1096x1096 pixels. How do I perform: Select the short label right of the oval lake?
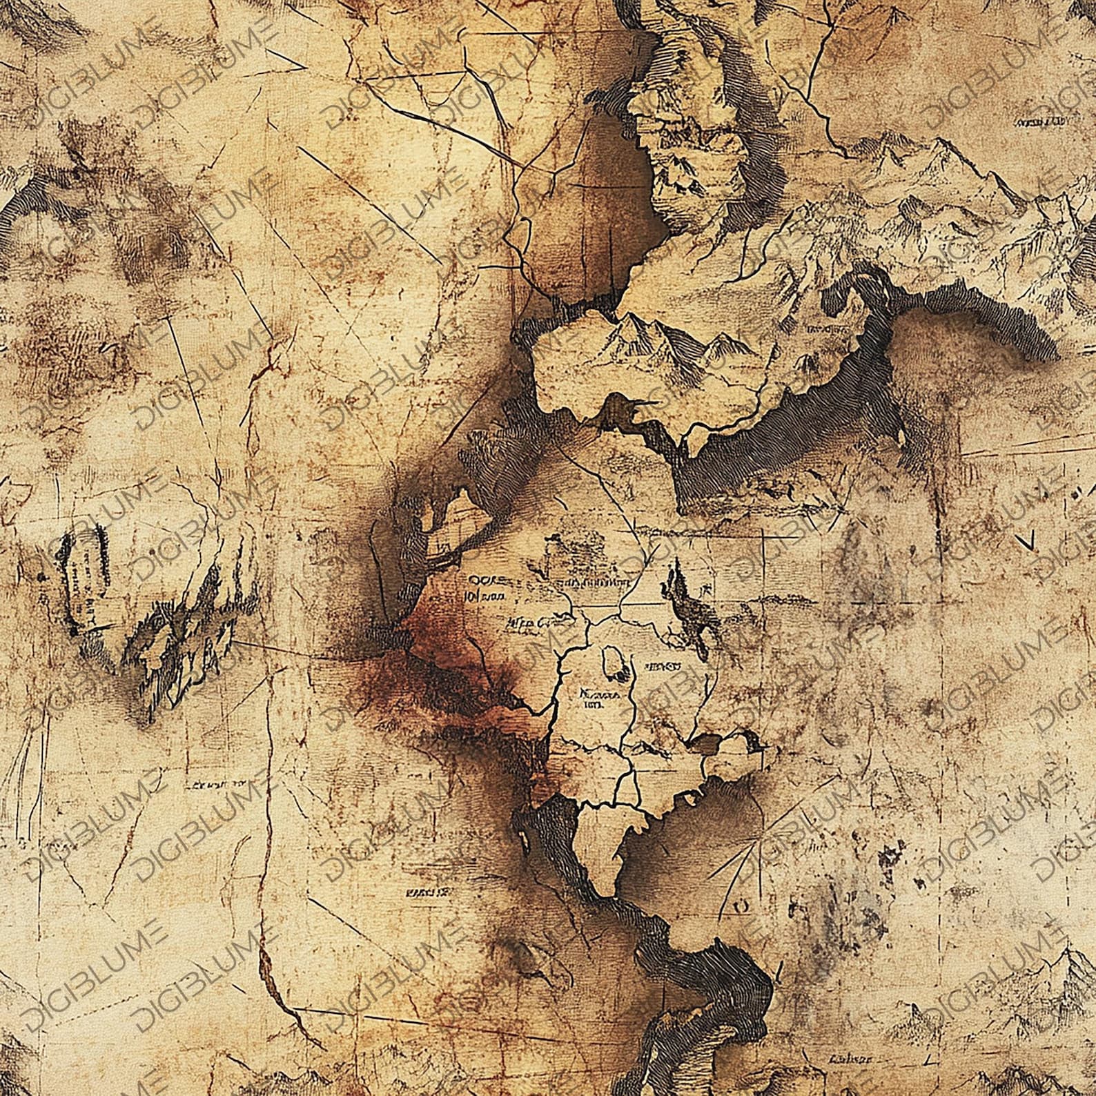tap(663, 667)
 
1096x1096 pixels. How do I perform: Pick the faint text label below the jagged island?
tap(221, 785)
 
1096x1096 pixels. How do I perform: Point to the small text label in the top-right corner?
tap(1039, 122)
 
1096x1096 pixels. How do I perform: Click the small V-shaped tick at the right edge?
tap(1026, 540)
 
